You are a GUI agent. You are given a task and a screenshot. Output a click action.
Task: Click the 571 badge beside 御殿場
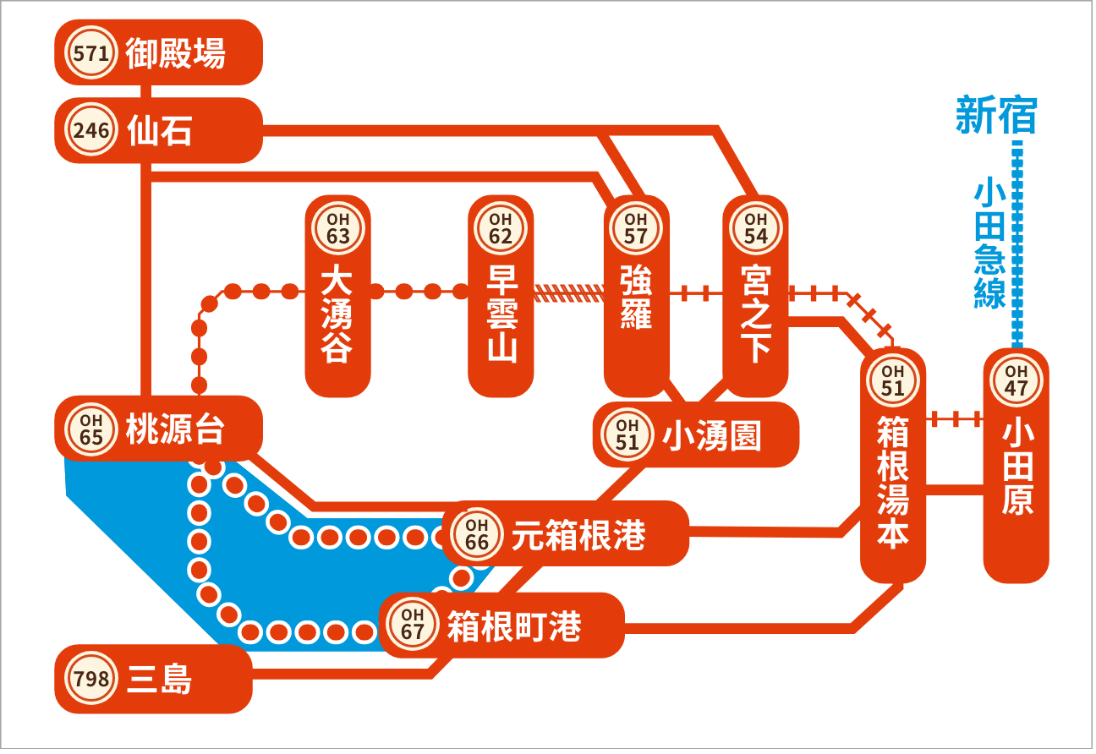[x=91, y=52]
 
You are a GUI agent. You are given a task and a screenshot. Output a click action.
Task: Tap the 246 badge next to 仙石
[x=91, y=130]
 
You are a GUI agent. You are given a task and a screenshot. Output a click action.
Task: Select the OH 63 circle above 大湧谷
[x=338, y=228]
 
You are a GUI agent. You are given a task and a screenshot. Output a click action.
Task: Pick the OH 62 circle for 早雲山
[x=501, y=228]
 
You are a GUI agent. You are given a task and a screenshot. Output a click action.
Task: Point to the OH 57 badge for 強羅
[x=636, y=228]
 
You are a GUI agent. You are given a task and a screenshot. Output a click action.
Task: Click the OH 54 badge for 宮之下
[x=756, y=228]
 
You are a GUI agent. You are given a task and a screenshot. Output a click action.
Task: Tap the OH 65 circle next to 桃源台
[x=91, y=429]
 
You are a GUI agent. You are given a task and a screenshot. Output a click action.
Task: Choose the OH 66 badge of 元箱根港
[x=477, y=534]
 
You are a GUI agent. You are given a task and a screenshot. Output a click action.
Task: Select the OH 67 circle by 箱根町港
[x=413, y=624]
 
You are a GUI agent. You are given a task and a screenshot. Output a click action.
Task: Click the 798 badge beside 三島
[x=91, y=679]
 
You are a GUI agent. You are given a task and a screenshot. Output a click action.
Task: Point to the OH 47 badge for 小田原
[x=1017, y=380]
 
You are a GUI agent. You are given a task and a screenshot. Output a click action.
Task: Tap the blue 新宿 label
[x=997, y=115]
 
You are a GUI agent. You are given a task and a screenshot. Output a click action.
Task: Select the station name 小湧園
[x=712, y=435]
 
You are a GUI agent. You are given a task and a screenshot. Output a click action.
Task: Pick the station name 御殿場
[x=176, y=52]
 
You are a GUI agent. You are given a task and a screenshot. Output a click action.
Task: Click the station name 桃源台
[x=176, y=429]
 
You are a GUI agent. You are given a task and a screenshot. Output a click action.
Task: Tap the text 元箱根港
[x=578, y=534]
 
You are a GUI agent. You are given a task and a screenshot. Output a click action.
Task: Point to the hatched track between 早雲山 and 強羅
[x=568, y=293]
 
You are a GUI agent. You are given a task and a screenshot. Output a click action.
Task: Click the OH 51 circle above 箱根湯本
[x=893, y=380]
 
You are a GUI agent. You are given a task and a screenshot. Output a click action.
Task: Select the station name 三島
[x=159, y=679]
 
